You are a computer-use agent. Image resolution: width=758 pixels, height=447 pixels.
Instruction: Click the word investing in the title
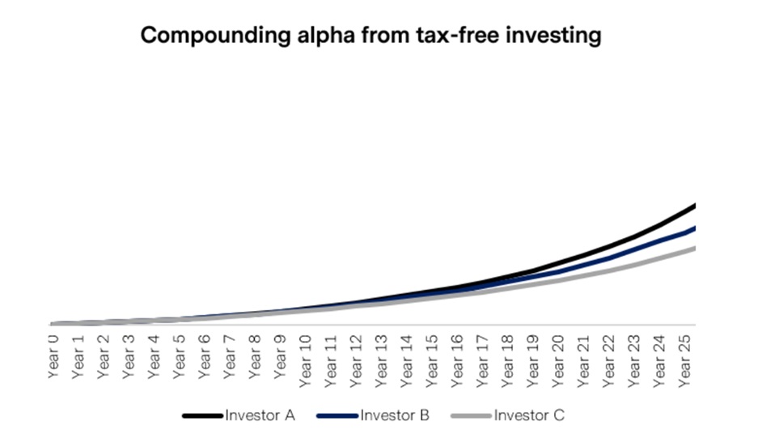(557, 36)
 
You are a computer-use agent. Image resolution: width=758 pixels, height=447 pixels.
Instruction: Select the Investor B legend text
(395, 416)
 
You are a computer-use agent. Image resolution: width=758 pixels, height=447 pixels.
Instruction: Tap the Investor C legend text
(529, 416)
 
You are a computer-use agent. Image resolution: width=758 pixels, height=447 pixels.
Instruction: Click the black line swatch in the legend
(202, 416)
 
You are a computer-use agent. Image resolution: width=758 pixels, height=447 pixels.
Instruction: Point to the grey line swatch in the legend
(471, 416)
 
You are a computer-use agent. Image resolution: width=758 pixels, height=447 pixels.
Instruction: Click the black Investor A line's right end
(694, 206)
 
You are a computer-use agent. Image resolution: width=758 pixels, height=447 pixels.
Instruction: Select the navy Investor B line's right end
(694, 228)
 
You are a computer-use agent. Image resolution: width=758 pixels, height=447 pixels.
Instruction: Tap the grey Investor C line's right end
(694, 248)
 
